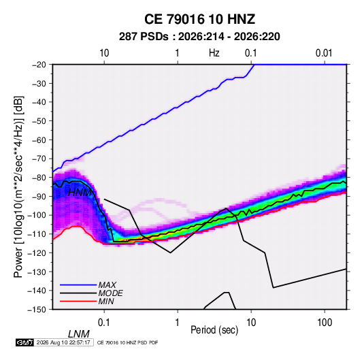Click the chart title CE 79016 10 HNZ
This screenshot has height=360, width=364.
click(199, 19)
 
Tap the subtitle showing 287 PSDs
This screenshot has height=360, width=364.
click(199, 37)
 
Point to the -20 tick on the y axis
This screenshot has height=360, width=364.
click(39, 65)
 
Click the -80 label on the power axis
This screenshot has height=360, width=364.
click(39, 178)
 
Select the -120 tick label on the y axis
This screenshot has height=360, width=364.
click(37, 252)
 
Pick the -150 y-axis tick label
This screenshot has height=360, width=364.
click(37, 310)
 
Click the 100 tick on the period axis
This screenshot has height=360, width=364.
click(325, 323)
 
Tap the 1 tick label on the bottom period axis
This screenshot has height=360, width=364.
click(178, 323)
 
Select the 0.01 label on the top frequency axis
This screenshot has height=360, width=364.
click(324, 53)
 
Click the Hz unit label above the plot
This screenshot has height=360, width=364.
click(214, 53)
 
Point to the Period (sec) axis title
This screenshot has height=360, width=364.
click(214, 330)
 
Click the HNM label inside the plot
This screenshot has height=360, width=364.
click(80, 193)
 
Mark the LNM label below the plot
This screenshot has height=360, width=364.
click(79, 334)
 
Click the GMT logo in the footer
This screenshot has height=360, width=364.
click(24, 342)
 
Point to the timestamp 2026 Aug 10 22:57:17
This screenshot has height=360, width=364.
click(63, 342)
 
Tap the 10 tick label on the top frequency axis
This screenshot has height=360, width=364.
click(104, 53)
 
